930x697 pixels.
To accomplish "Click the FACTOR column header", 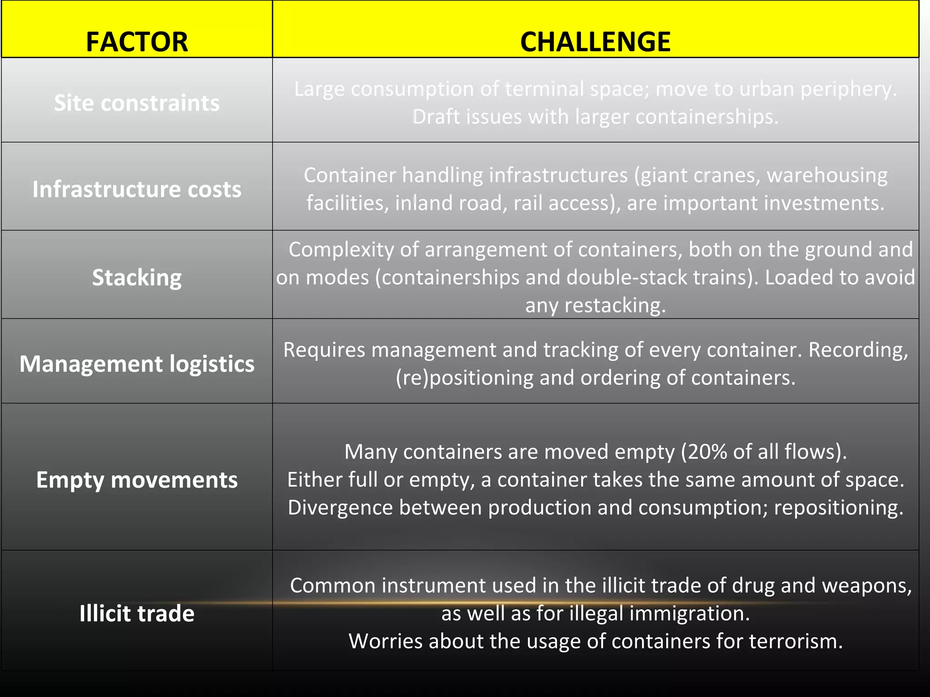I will [x=137, y=42].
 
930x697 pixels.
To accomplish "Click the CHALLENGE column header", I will [x=595, y=42].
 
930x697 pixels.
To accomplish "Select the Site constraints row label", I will [x=137, y=103].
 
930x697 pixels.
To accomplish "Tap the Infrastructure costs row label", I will [x=137, y=189].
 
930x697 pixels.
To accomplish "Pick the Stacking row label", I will [x=137, y=277].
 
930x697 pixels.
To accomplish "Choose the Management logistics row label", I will [x=137, y=364].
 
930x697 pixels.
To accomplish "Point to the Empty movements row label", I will [x=137, y=480].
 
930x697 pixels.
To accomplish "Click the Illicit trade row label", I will [x=137, y=614].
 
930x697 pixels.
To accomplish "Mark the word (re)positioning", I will [x=464, y=378].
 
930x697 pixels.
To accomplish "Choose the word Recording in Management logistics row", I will [x=858, y=350].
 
